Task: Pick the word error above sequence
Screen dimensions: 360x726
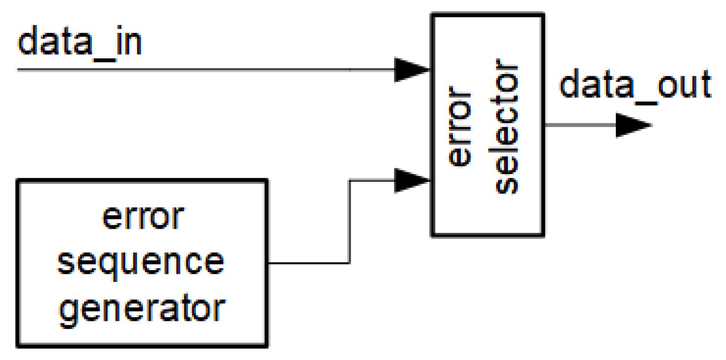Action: click(141, 218)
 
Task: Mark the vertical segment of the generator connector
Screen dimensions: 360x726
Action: click(349, 221)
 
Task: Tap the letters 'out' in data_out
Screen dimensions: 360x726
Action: click(687, 86)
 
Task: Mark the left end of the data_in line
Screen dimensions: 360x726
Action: click(19, 70)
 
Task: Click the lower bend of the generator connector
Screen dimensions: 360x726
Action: click(349, 263)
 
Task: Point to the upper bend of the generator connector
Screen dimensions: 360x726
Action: click(349, 180)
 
